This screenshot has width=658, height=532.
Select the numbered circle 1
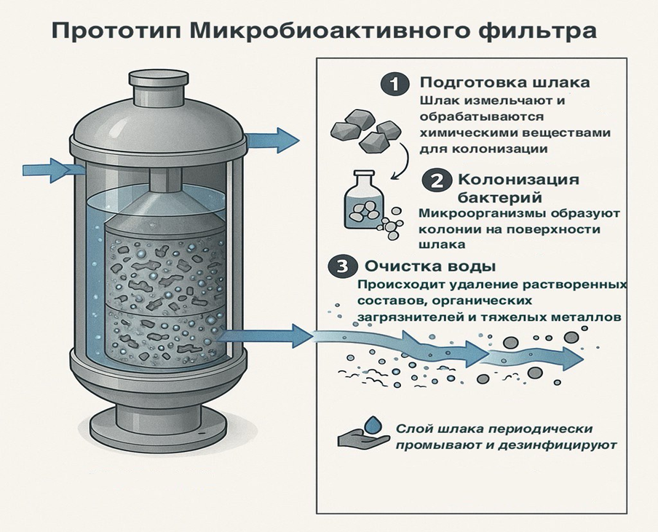[x=395, y=84]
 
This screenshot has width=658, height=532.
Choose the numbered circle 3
[x=341, y=266]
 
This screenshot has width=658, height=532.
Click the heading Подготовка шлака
[x=505, y=82]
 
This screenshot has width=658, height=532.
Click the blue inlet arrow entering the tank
[x=51, y=170]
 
